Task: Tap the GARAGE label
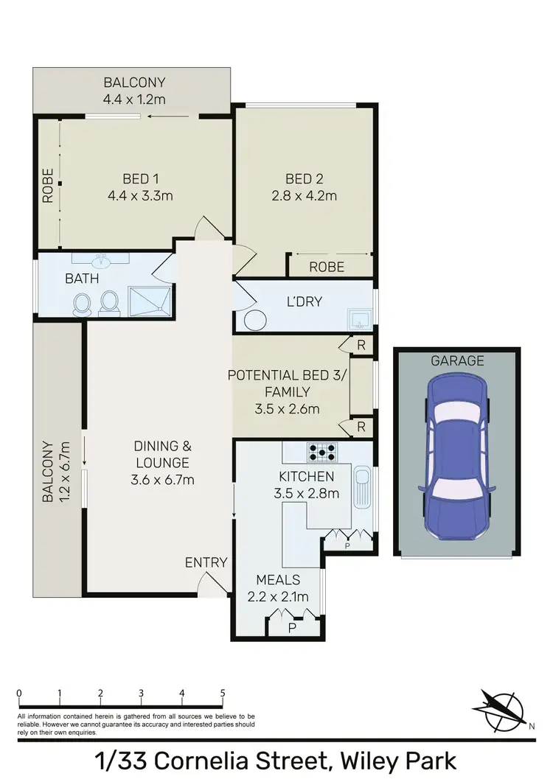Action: (457, 360)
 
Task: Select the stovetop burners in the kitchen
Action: (322, 451)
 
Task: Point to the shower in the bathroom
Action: (149, 301)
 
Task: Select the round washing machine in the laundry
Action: (254, 321)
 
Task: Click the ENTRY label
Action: (206, 562)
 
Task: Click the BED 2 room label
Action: (305, 178)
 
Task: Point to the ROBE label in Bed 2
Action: (327, 267)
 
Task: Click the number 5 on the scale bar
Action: (222, 694)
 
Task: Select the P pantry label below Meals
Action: (292, 628)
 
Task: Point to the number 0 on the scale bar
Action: (18, 694)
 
